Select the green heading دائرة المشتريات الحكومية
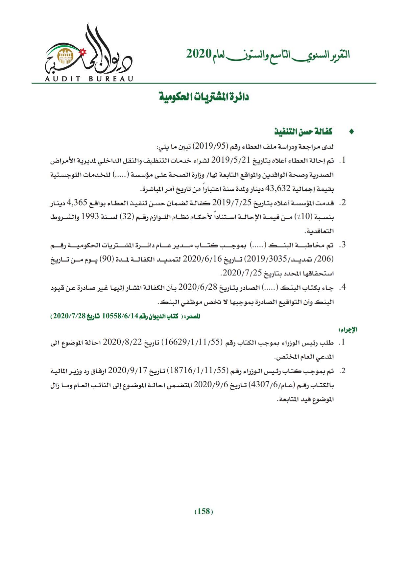click(204, 97)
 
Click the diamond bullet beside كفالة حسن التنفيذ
click(351, 132)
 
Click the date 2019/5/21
click(231, 160)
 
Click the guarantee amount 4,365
click(78, 203)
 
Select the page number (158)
click(204, 511)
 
